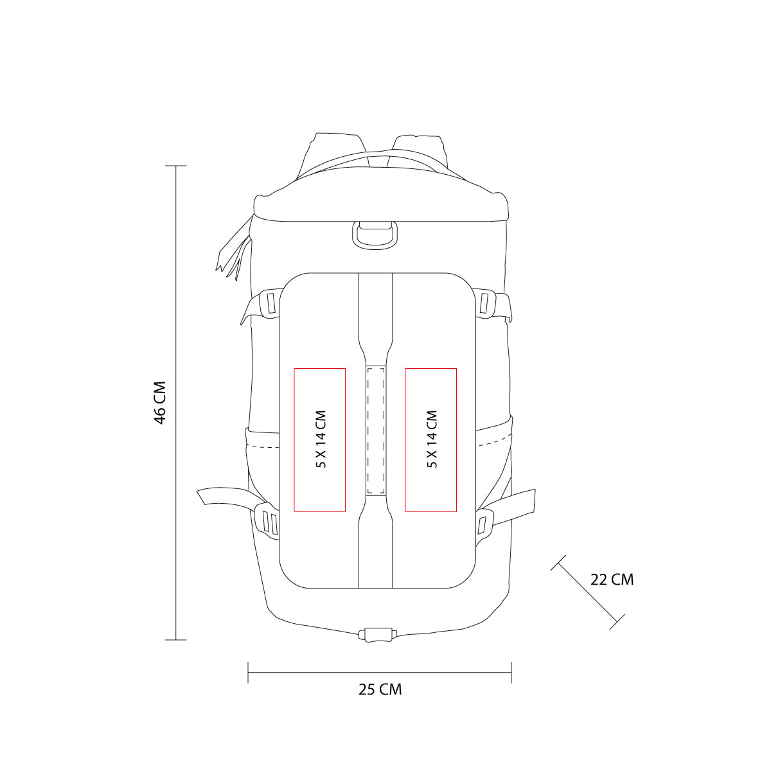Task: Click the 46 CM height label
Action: tap(160, 403)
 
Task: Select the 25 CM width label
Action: tap(380, 689)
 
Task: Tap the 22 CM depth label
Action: tap(612, 580)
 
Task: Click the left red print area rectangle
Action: tap(320, 440)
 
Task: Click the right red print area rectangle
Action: tap(430, 440)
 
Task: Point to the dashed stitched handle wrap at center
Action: tap(375, 430)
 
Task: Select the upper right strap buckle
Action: tap(486, 303)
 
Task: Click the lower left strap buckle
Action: tap(269, 521)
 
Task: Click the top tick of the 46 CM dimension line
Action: tap(176, 166)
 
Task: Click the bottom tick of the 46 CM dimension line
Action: tap(176, 640)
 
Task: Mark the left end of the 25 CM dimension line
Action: tap(249, 673)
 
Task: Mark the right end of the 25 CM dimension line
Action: tap(511, 673)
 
